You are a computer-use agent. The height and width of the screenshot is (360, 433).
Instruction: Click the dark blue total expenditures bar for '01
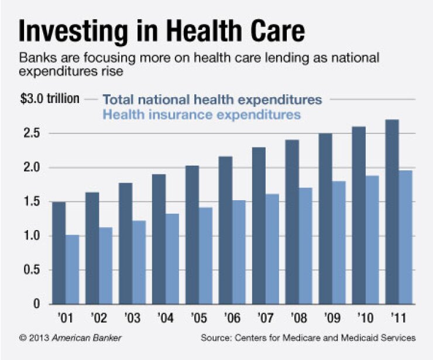tap(59, 253)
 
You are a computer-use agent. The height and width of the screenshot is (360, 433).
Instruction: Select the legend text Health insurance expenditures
tap(202, 114)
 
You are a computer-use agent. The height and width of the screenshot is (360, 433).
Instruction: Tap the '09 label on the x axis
tap(332, 320)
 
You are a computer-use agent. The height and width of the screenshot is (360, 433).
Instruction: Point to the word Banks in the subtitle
tap(36, 59)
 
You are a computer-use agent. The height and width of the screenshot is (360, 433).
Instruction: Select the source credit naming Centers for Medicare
tap(308, 338)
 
